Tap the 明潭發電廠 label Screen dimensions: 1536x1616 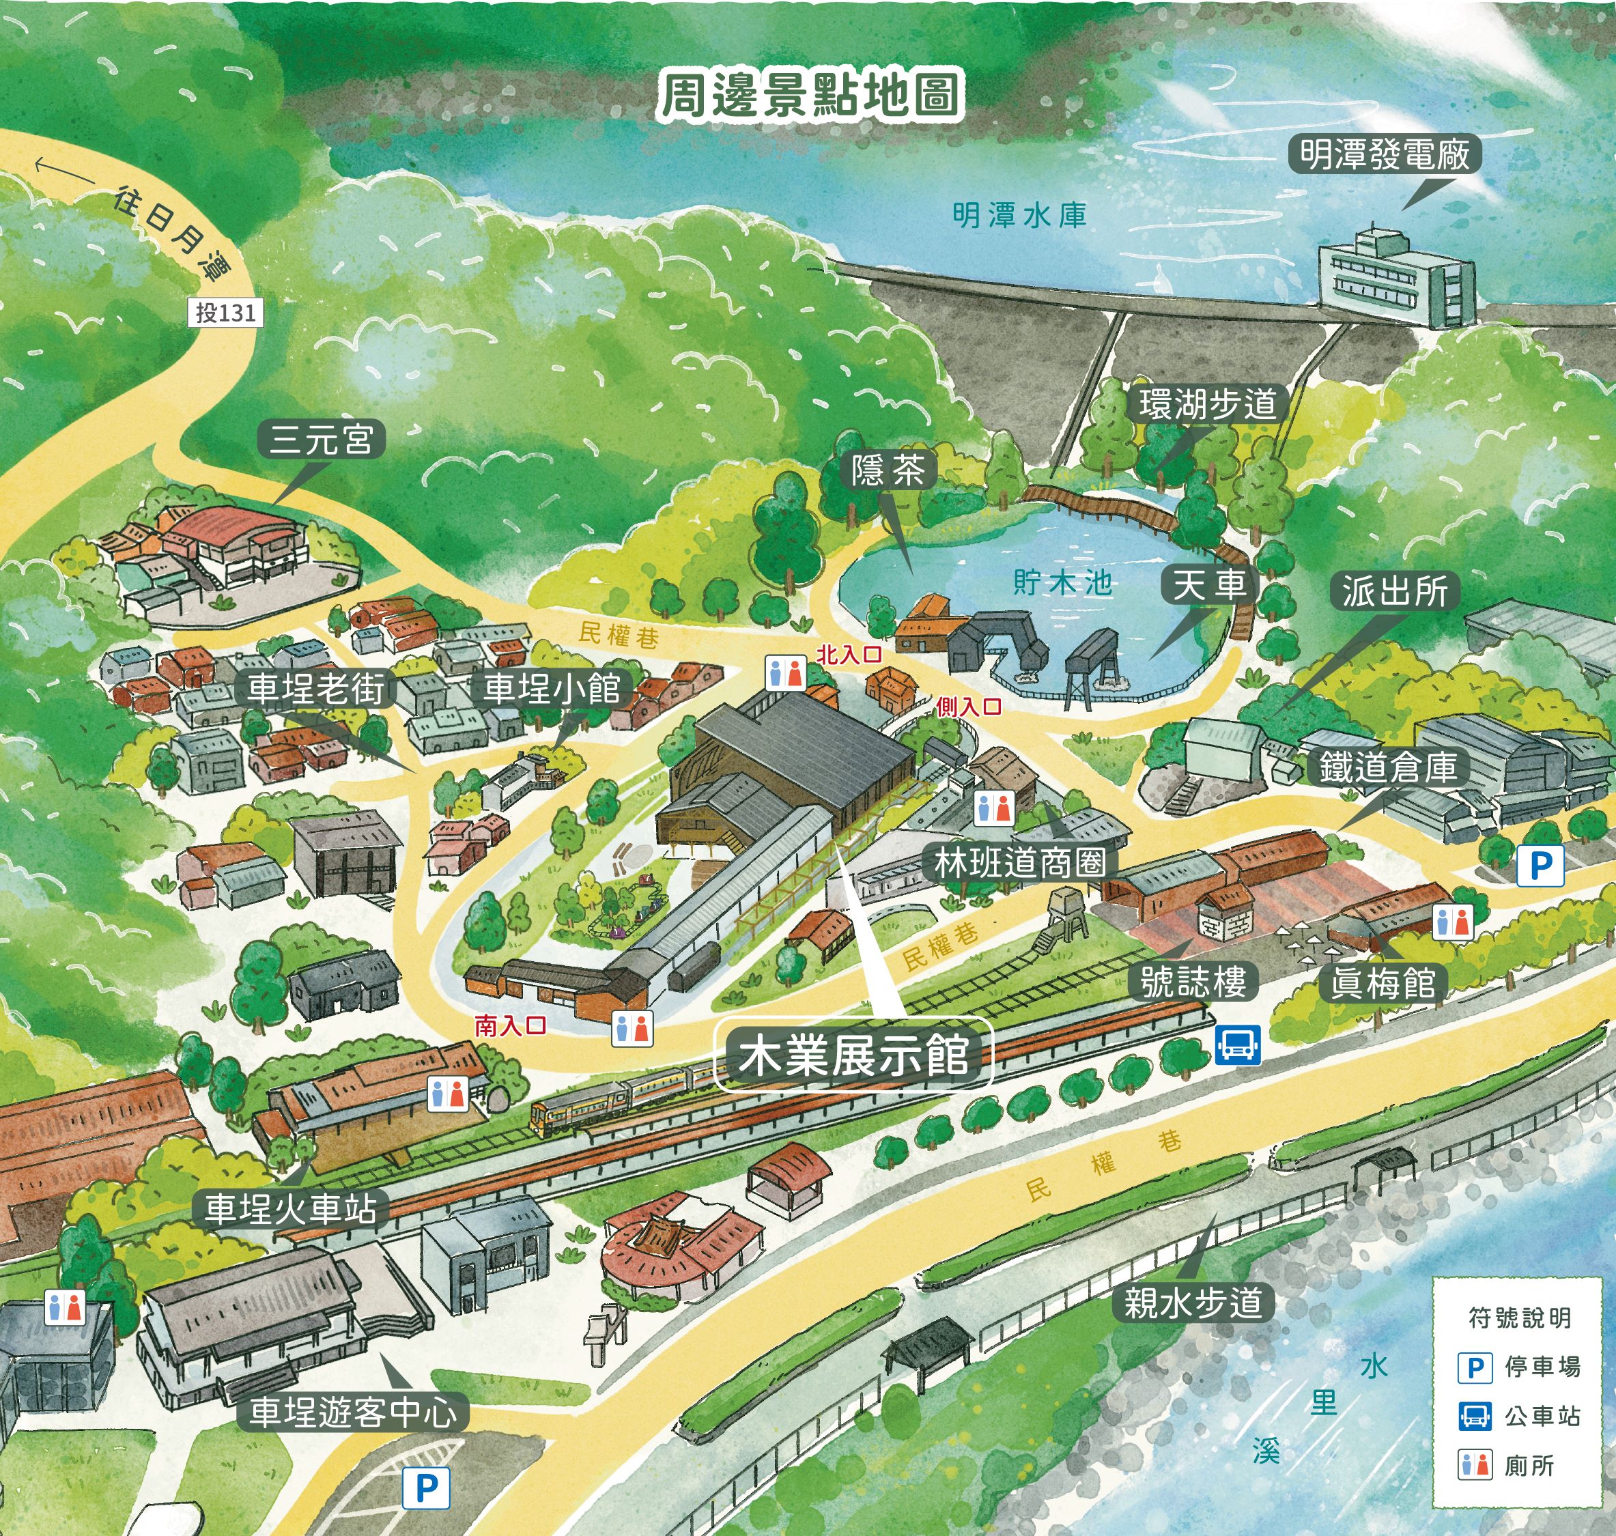(x=1385, y=154)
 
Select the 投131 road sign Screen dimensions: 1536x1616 (x=225, y=312)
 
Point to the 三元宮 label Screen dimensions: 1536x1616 (x=321, y=439)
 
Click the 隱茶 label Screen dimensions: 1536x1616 (x=888, y=471)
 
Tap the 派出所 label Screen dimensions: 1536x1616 (x=1394, y=591)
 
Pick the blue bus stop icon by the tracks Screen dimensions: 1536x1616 (x=1236, y=1044)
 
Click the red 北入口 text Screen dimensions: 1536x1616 (x=849, y=654)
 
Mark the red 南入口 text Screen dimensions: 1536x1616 (x=510, y=1025)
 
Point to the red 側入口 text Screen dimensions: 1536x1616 (x=969, y=706)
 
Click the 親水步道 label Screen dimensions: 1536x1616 (x=1193, y=1303)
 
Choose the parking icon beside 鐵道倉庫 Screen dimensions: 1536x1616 (x=1540, y=866)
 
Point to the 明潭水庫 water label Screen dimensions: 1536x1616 (x=1019, y=215)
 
